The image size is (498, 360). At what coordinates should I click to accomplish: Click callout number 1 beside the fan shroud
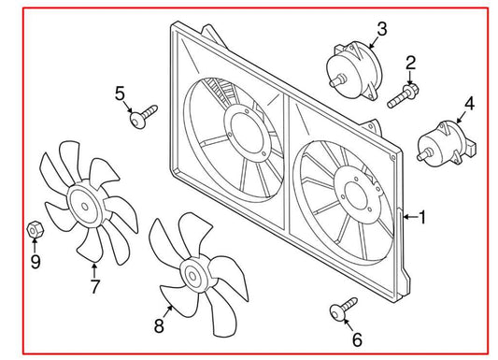(x=422, y=218)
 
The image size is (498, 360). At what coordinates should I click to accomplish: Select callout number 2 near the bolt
(x=410, y=64)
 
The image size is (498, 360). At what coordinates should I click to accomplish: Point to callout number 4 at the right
(x=470, y=105)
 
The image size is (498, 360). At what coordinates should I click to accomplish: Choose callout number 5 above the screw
(x=120, y=93)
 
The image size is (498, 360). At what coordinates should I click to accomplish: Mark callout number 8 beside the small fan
(x=158, y=324)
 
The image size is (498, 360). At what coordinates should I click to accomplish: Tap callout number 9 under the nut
(x=36, y=261)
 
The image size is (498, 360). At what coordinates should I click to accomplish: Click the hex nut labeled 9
(x=33, y=228)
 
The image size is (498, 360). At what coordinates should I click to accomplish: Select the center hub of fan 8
(x=194, y=277)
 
